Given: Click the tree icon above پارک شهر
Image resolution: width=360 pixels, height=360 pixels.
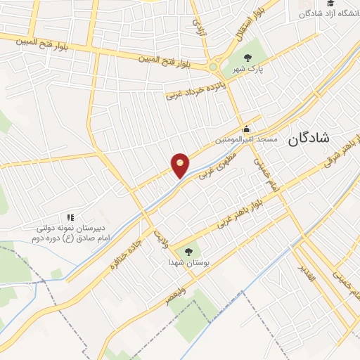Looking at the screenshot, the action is pos(246,58).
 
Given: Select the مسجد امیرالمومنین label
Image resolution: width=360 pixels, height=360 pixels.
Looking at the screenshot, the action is pos(247,140).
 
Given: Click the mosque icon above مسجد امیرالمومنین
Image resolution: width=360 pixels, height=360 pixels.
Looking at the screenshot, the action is pos(246,129).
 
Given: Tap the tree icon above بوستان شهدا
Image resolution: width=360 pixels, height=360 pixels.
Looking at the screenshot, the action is pos(188,250).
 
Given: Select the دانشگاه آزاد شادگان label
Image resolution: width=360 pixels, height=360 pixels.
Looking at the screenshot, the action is pos(330,14).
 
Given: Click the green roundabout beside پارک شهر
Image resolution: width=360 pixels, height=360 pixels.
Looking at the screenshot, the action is pos(213,67).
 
